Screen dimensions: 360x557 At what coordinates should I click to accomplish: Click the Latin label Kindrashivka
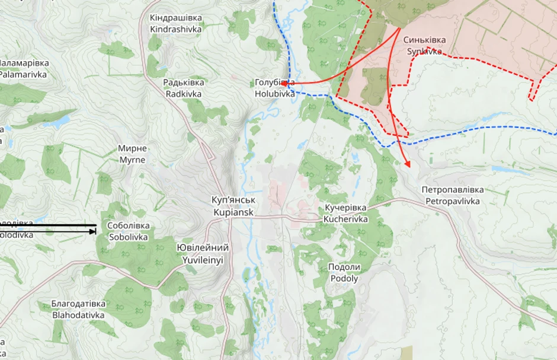(x=175, y=29)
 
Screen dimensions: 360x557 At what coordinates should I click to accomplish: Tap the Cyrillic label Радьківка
(x=184, y=82)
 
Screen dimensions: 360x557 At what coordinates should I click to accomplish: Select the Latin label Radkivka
(x=183, y=94)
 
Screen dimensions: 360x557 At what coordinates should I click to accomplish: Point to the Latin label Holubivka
(x=274, y=94)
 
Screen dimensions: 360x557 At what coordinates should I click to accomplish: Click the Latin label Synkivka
(x=424, y=52)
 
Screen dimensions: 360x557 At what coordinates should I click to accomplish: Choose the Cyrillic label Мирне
(x=133, y=148)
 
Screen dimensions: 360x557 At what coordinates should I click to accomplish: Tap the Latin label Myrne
(x=133, y=160)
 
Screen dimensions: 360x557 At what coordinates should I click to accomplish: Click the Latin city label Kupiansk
(x=232, y=212)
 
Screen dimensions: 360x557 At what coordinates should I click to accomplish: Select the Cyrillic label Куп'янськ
(x=232, y=200)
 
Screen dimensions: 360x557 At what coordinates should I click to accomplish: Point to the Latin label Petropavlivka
(x=453, y=201)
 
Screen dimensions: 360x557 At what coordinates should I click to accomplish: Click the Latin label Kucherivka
(x=345, y=219)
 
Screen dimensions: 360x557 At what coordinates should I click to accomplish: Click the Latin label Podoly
(x=344, y=278)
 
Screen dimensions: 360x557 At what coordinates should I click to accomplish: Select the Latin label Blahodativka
(x=78, y=315)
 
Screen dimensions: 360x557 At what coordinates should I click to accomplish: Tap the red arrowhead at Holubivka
(x=284, y=84)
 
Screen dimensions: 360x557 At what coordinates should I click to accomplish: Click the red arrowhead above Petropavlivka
(x=408, y=164)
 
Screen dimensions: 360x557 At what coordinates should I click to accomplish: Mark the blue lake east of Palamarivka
(x=58, y=123)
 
